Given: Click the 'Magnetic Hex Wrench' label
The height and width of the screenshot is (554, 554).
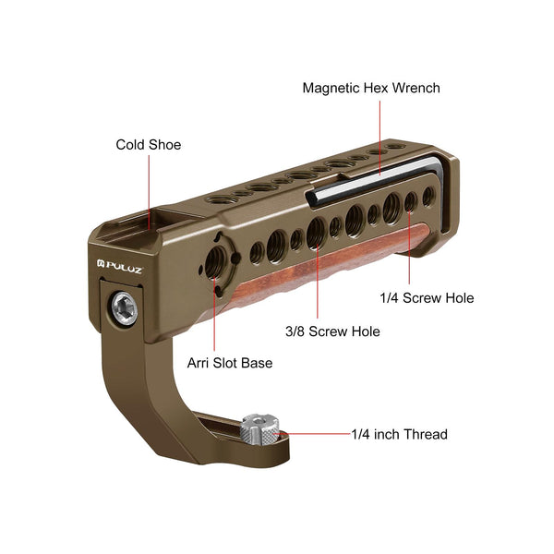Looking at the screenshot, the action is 371,89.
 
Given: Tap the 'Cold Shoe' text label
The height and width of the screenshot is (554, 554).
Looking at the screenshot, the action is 149,145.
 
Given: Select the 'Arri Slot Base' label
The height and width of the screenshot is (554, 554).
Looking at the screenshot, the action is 230,363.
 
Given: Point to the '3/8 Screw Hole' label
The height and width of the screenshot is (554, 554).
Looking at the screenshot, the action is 332,331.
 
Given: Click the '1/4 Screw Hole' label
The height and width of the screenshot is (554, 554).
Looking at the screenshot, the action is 427,298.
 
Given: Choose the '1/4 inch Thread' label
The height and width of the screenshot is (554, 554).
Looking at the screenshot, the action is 399,434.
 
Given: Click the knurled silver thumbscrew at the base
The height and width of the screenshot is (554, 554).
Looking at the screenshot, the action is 259,430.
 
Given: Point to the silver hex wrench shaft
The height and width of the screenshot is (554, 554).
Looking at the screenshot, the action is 375,180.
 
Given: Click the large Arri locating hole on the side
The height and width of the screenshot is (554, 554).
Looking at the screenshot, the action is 216,261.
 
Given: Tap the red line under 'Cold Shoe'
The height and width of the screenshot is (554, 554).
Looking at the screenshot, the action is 149,192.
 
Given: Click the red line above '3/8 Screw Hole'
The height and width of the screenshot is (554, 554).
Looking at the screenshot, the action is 318,280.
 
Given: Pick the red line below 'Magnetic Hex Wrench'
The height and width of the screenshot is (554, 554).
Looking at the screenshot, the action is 380,138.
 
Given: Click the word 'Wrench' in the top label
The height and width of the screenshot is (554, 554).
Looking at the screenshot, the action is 416,89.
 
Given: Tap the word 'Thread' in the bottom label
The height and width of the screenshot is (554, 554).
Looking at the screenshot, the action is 426,434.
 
